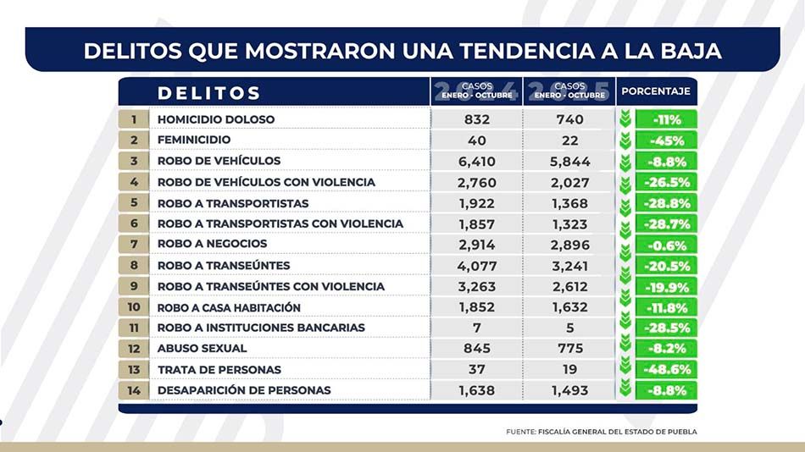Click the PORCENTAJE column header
pos(656,91)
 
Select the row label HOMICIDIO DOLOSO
pos(216,119)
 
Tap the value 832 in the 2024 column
pos(477,119)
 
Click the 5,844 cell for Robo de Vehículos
pos(569,161)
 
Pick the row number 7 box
pos(134,244)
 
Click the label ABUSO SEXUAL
pos(203,348)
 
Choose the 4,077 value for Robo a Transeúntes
pos(477,265)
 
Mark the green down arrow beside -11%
pos(625,119)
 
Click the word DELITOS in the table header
pos(209,92)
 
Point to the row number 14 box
pos(134,390)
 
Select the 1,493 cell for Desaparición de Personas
pos(569,390)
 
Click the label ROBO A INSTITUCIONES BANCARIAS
pos(261,328)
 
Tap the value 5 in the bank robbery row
pos(569,328)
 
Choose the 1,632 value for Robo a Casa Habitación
pos(569,307)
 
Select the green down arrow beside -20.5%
pos(625,265)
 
